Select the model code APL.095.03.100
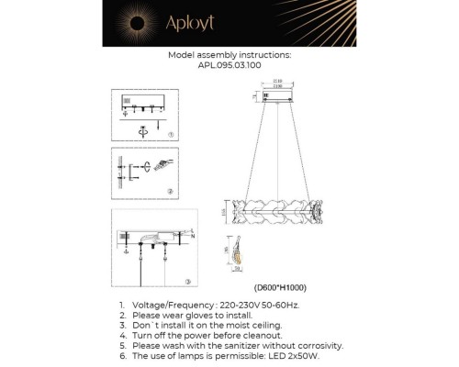pyautogui.click(x=229, y=66)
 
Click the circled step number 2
pyautogui.click(x=172, y=191)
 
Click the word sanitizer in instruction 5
pyautogui.click(x=246, y=345)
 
